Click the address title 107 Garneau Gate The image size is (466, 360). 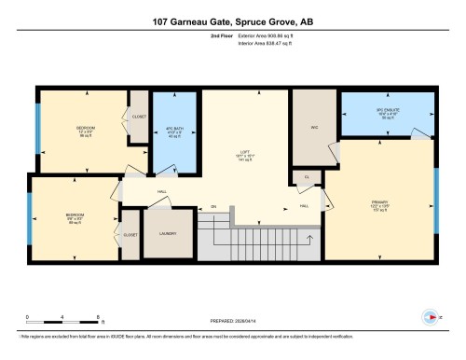(x=232, y=21)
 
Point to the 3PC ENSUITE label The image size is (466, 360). (x=385, y=113)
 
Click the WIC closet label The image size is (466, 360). (x=314, y=128)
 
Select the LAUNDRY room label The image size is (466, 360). (x=168, y=234)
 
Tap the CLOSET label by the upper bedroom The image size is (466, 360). (x=139, y=118)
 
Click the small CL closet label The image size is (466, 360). (x=307, y=175)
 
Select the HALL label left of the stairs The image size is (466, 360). (x=161, y=192)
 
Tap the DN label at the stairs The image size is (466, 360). (x=212, y=206)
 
